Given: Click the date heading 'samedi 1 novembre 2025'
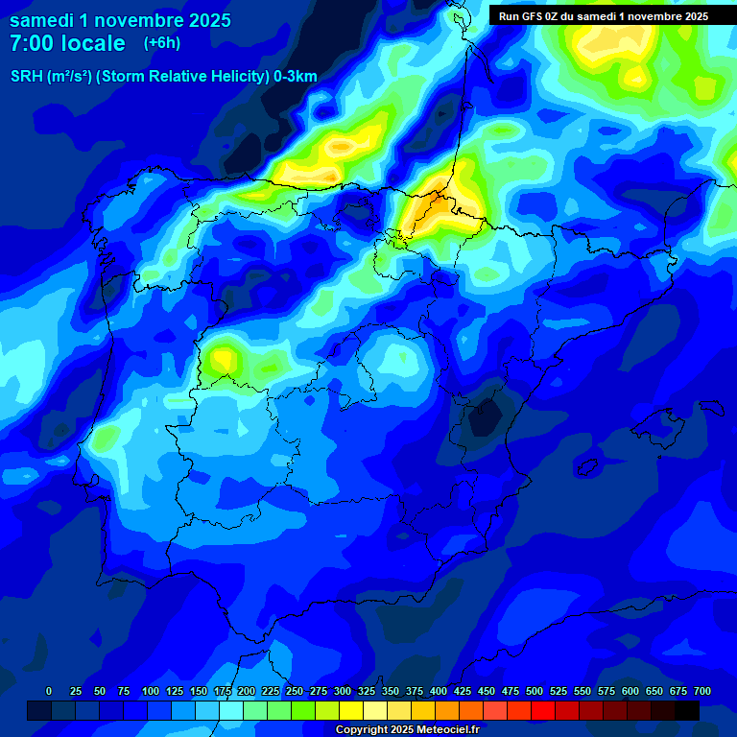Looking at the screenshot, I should (120, 20).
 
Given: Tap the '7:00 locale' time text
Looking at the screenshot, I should (67, 43).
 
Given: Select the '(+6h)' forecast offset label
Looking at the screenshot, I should (161, 43).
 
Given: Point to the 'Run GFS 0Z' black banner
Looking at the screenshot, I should (604, 15).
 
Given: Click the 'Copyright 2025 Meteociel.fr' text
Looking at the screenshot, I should (407, 729).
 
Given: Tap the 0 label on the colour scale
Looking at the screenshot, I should (49, 691).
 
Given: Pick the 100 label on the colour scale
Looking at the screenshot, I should (151, 691).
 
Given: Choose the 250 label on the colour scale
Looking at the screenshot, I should (295, 691).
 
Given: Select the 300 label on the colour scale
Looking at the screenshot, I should (343, 691).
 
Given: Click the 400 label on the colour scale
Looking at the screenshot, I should (439, 691).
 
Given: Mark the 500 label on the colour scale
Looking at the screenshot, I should (535, 691).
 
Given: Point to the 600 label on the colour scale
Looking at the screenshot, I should (630, 691).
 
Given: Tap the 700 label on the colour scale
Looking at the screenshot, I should (701, 691).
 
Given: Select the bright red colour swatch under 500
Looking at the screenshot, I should (543, 710).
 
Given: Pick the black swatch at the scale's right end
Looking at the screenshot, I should (687, 710).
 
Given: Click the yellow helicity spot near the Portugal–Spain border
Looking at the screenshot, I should (223, 359).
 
